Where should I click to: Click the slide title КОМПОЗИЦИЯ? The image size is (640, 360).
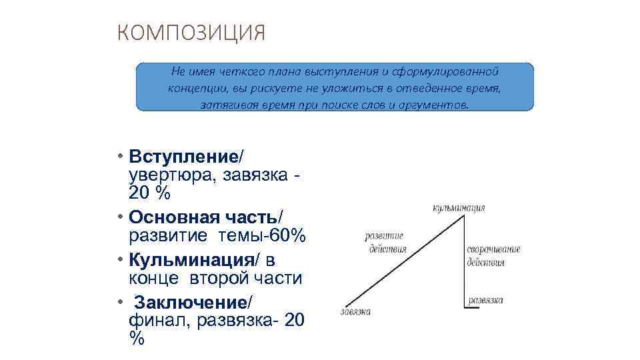coord(191,33)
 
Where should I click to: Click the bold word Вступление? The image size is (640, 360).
coord(183,157)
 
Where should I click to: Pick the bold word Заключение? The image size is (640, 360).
coord(189,302)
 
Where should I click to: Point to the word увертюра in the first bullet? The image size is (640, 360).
coord(163,175)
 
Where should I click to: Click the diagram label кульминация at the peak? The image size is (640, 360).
coord(459,208)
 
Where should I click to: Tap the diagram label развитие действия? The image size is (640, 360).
coord(386,243)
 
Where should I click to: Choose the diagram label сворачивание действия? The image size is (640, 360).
coord(493,255)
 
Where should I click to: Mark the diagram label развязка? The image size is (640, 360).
coord(485,300)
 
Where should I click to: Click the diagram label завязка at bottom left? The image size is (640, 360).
coord(355,311)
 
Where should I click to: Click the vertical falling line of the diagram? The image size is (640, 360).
coord(464,267)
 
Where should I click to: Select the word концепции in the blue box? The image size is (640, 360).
coord(197,88)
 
